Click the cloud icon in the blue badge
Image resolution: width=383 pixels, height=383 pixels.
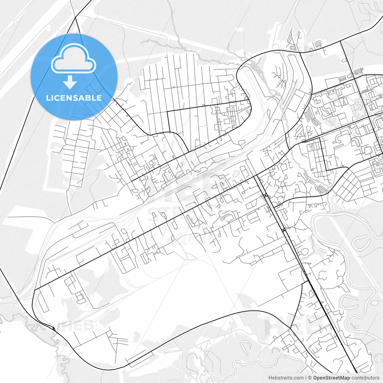(74, 58)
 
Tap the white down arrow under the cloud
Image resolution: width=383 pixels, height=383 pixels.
(70, 82)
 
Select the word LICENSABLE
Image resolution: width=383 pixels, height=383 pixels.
(74, 98)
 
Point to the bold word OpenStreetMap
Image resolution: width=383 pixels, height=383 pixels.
(332, 378)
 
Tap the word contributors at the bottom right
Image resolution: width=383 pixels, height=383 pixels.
(365, 378)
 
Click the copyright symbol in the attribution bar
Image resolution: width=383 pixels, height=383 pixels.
(310, 378)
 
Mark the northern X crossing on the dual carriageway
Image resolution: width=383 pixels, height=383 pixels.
(266, 196)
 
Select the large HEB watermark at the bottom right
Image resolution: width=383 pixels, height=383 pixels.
(296, 325)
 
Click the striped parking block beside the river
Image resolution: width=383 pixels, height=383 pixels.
(322, 189)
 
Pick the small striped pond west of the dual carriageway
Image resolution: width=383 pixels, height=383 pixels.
(236, 173)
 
